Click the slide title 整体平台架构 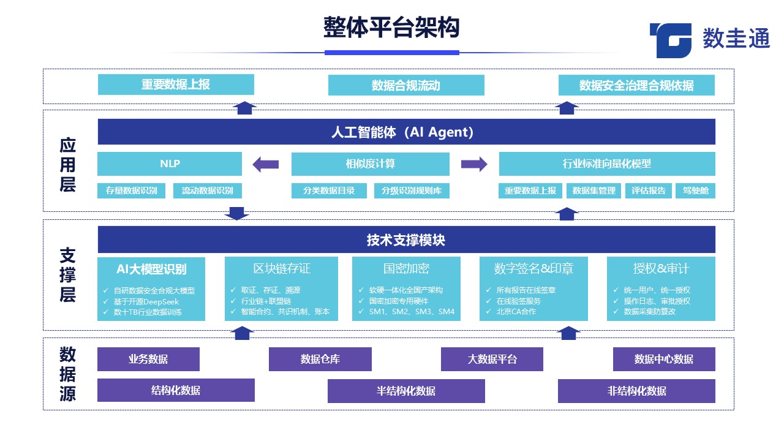click(391, 28)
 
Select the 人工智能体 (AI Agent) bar click(406, 132)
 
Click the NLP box click(170, 164)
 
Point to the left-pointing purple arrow click(266, 164)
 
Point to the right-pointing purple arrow click(474, 164)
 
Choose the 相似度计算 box click(370, 164)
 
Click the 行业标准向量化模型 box click(606, 164)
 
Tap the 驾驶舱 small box click(695, 190)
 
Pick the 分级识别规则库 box click(412, 190)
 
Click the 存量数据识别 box click(131, 190)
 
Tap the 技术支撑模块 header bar click(406, 240)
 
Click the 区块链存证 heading click(281, 268)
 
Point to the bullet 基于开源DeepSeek click(146, 301)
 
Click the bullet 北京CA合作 click(516, 312)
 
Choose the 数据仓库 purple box click(320, 360)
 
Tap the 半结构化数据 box click(406, 391)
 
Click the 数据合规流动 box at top click(406, 85)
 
